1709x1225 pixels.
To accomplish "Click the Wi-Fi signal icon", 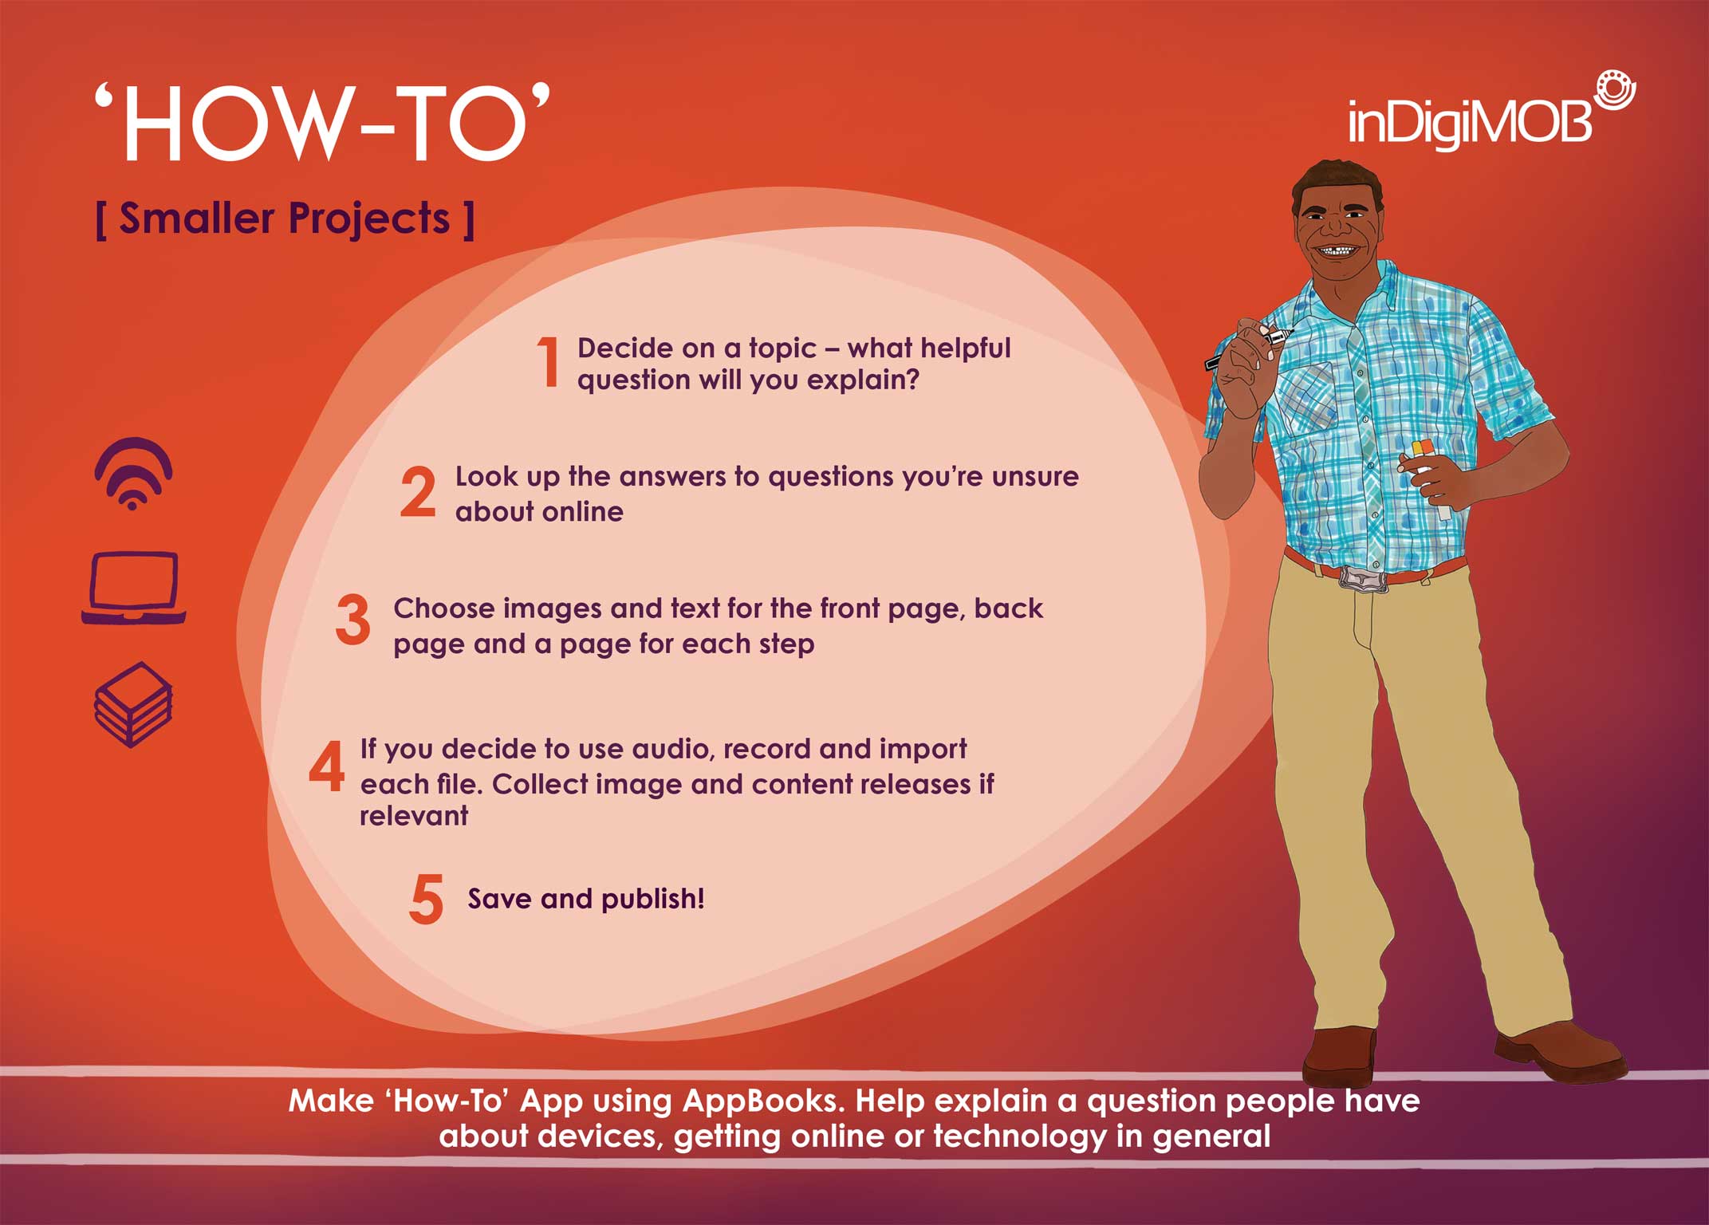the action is tap(133, 473).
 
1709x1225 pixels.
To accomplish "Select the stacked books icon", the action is tap(133, 704).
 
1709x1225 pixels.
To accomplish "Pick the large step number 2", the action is tap(418, 491).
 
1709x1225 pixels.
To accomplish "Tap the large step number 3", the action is tap(352, 619).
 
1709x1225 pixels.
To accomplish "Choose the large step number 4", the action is tap(327, 766).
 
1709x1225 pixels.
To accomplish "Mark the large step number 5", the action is tap(426, 898).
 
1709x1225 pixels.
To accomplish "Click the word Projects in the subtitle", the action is tap(369, 219).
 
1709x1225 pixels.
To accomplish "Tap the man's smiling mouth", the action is tap(1336, 251).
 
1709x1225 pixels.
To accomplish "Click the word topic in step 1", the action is tap(782, 349).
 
